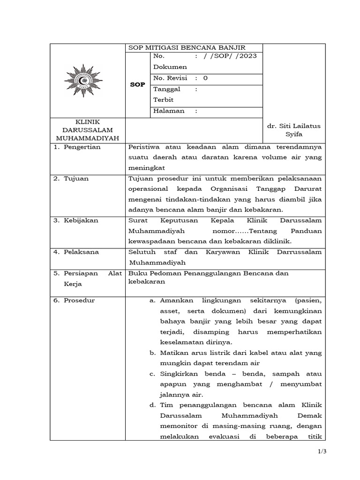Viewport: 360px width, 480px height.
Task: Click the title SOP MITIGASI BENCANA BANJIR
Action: click(187, 47)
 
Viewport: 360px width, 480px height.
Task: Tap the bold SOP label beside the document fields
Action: click(137, 85)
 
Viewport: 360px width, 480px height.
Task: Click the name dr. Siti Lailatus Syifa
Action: click(294, 130)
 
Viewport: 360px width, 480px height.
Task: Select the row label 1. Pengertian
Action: click(79, 147)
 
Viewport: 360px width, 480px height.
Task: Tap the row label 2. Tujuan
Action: click(73, 179)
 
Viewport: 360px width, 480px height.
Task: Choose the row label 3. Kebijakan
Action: click(78, 220)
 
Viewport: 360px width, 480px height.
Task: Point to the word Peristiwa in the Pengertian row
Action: click(144, 147)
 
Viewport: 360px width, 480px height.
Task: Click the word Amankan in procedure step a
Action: click(176, 300)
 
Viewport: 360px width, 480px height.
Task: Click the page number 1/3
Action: click(321, 452)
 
